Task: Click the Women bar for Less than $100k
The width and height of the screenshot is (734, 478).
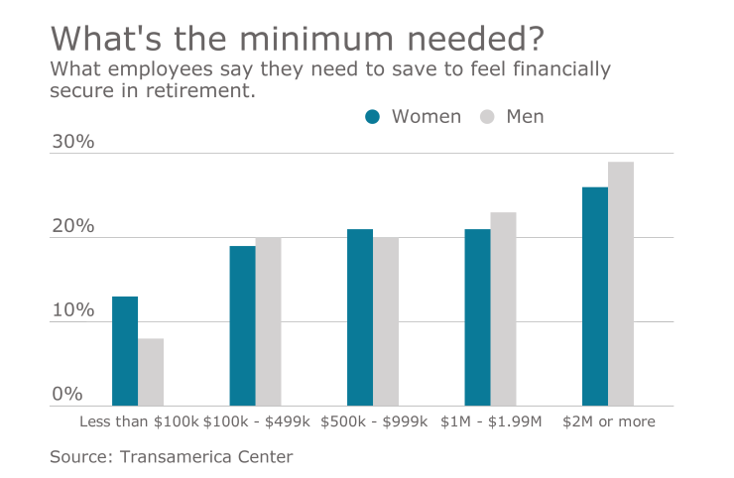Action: click(x=125, y=351)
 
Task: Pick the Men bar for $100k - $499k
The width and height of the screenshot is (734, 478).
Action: click(x=268, y=321)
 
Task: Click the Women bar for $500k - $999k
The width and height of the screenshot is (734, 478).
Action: click(x=360, y=317)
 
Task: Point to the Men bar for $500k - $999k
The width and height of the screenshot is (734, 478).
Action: click(x=386, y=321)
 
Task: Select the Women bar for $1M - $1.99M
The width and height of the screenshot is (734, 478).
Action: click(x=477, y=317)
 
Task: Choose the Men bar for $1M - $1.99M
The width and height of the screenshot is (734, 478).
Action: click(x=503, y=308)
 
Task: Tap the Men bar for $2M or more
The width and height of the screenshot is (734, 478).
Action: click(x=621, y=284)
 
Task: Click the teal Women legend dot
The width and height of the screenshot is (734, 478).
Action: click(x=373, y=117)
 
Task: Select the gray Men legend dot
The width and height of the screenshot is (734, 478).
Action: click(x=487, y=117)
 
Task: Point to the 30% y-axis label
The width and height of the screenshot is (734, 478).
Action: click(x=72, y=142)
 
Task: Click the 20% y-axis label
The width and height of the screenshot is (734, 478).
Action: click(x=72, y=226)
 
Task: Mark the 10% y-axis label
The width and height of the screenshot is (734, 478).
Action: click(x=72, y=310)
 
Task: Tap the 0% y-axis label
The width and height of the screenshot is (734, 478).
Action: click(x=67, y=394)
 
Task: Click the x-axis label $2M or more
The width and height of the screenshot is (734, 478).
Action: click(x=608, y=421)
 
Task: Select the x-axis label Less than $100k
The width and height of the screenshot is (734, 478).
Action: click(x=138, y=421)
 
